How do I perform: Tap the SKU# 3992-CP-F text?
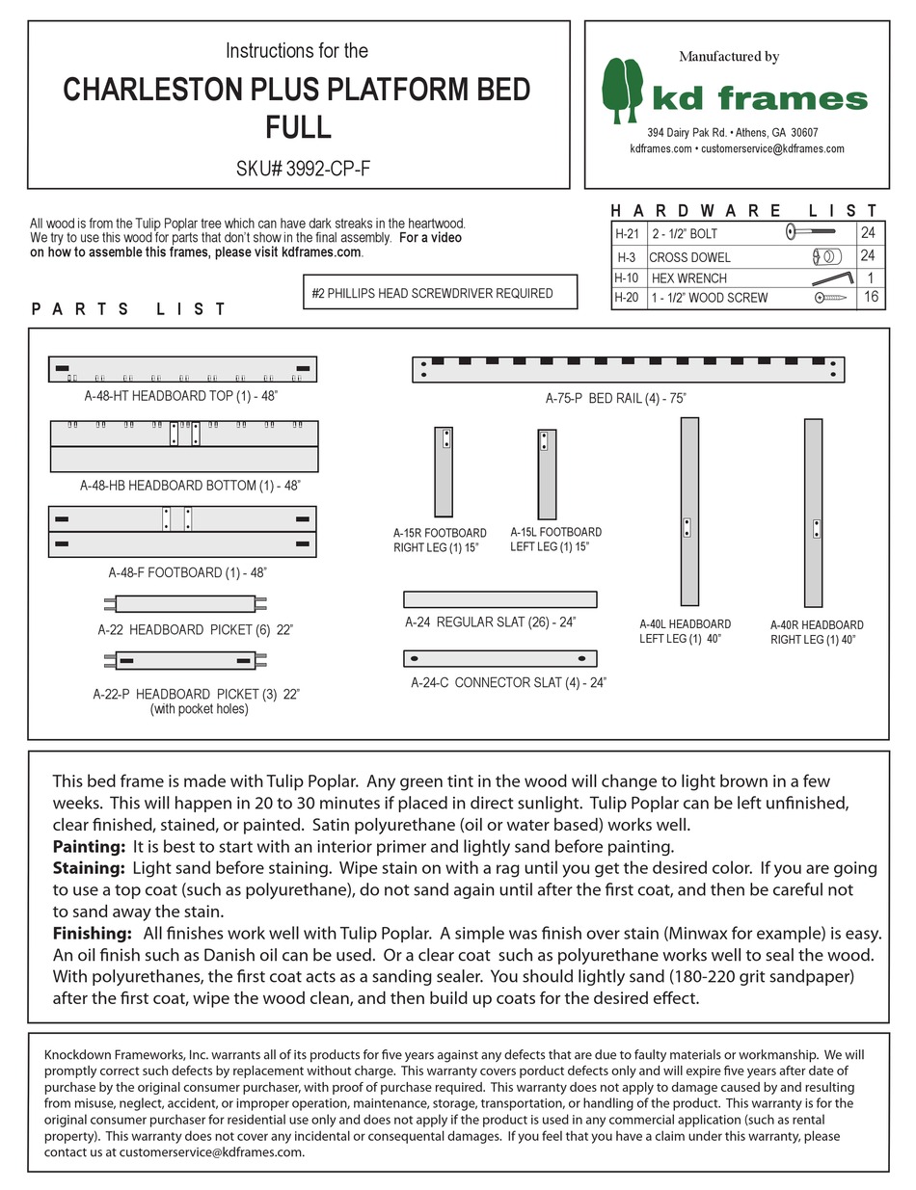click(x=303, y=169)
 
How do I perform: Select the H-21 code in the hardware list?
click(x=627, y=233)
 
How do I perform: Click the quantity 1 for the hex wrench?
click(x=871, y=278)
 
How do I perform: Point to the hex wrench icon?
click(x=831, y=278)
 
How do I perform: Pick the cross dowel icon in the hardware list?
click(x=826, y=256)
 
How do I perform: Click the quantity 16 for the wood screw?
click(x=871, y=298)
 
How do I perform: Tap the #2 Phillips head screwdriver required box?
click(x=440, y=293)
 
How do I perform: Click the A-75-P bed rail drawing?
click(x=628, y=369)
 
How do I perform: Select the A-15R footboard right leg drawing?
click(x=444, y=472)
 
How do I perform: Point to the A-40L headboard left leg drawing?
click(x=689, y=511)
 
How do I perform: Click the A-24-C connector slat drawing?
click(x=499, y=658)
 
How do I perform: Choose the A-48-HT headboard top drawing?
click(x=182, y=369)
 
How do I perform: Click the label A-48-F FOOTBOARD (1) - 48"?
click(x=186, y=572)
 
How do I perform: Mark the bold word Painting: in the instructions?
click(x=90, y=846)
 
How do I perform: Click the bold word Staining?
click(x=88, y=868)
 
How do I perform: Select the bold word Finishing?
click(x=92, y=934)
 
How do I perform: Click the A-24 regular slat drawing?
click(x=499, y=599)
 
